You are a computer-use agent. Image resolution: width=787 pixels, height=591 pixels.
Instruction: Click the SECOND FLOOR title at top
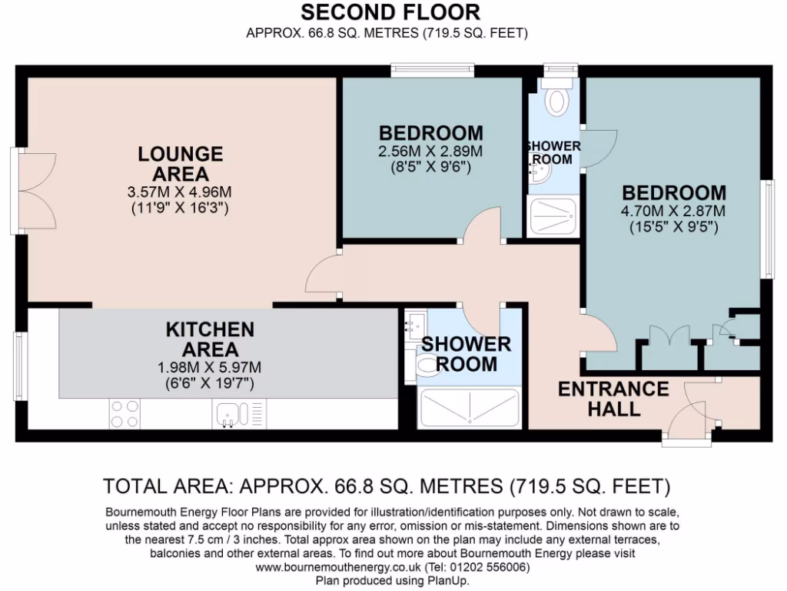tap(390, 12)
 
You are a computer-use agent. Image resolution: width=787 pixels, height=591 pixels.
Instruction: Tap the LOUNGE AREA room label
tap(181, 163)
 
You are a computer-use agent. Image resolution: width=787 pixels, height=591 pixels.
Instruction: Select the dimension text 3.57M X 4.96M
tap(181, 192)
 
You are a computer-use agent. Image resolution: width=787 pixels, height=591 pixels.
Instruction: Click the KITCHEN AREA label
tap(210, 339)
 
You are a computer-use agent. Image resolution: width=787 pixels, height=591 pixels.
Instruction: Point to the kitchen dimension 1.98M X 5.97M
tap(210, 366)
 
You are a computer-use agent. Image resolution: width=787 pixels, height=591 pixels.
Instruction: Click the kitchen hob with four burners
tap(125, 413)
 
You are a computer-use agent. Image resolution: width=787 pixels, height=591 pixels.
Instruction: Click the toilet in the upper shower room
tap(554, 99)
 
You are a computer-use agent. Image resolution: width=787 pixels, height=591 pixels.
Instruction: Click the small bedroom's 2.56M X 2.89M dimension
tap(430, 151)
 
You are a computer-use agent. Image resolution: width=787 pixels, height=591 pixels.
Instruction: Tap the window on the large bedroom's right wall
tap(765, 229)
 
